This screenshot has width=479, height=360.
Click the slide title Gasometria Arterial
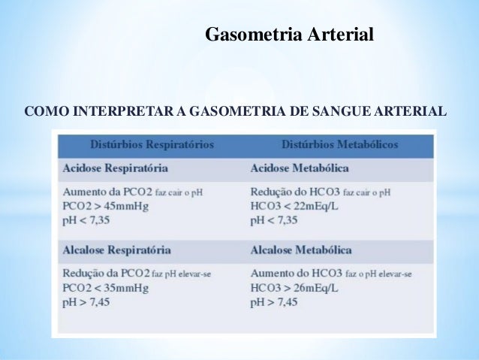coord(289,35)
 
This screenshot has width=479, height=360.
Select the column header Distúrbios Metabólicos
coord(340,144)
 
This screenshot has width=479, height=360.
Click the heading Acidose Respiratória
coord(115,168)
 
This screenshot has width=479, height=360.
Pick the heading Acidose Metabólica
coord(300,168)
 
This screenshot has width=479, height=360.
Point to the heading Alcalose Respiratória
coord(116,250)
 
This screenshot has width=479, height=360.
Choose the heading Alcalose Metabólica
coord(301,250)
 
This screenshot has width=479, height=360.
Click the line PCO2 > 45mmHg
coord(105,206)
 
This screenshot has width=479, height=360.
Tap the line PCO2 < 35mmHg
coord(105,288)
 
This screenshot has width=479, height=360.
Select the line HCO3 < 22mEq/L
coord(295,206)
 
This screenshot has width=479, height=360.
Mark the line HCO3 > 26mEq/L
coord(295,288)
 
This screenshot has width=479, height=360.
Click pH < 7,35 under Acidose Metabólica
coord(274,220)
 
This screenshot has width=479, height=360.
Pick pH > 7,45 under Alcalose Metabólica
coord(274,302)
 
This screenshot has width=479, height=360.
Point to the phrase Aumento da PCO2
coord(107,192)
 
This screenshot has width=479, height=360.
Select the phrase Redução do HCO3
coord(293,192)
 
